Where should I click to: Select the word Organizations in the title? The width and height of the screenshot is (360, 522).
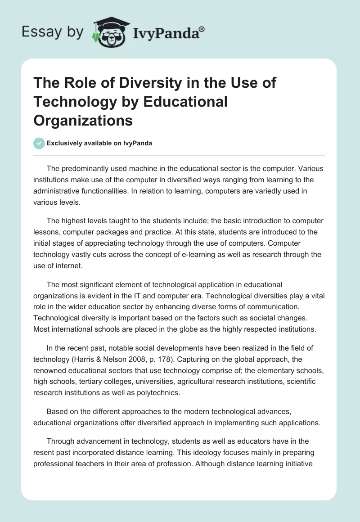pyautogui.click(x=83, y=121)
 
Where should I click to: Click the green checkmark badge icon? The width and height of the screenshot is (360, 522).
pyautogui.click(x=39, y=143)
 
